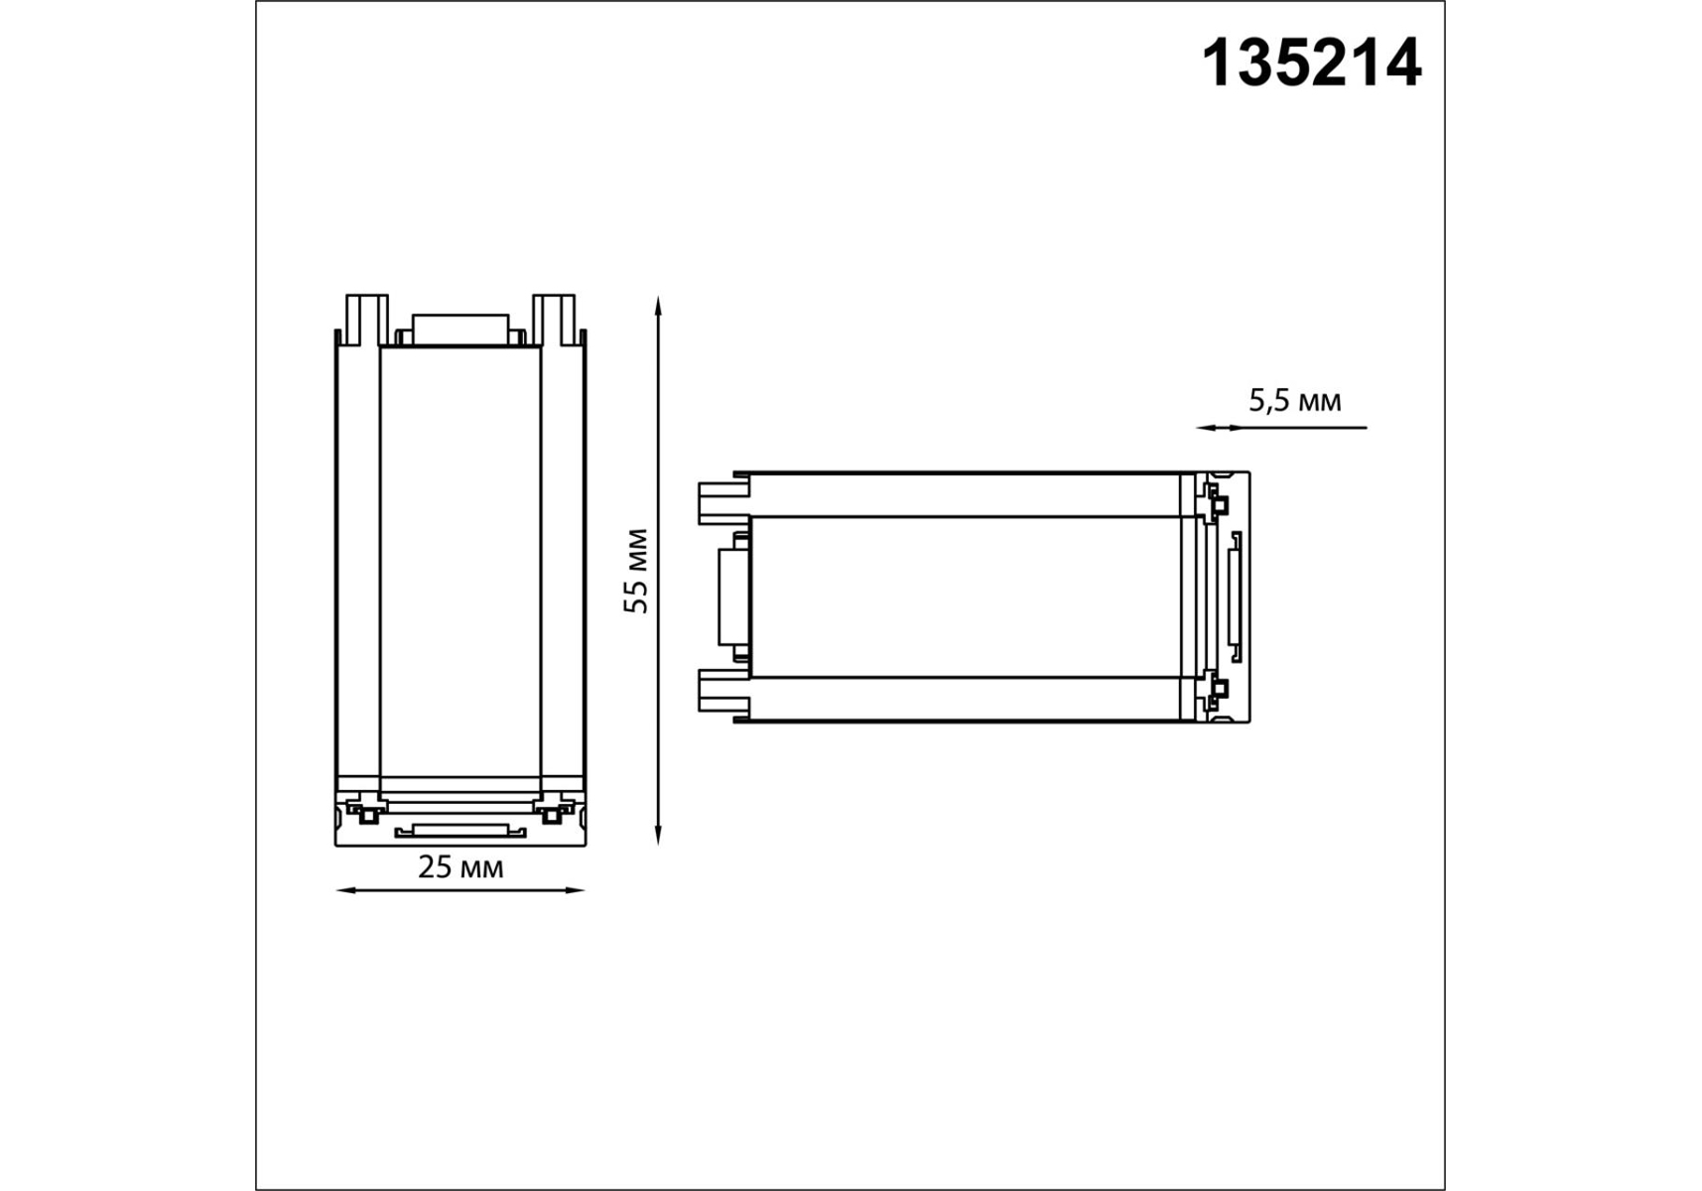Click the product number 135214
pos(1311,64)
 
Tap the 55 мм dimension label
pos(636,571)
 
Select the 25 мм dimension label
pos(460,867)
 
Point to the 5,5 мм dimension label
pos(1295,401)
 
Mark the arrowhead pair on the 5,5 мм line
pos(1220,428)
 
